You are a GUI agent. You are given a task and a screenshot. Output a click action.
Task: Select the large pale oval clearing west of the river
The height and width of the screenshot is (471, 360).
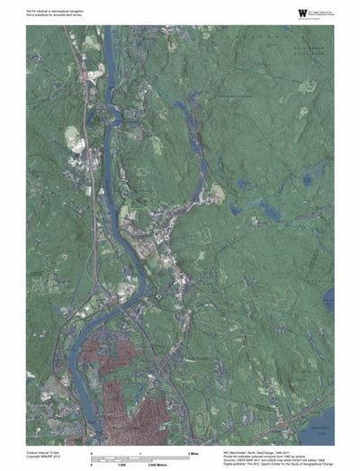[73, 139]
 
